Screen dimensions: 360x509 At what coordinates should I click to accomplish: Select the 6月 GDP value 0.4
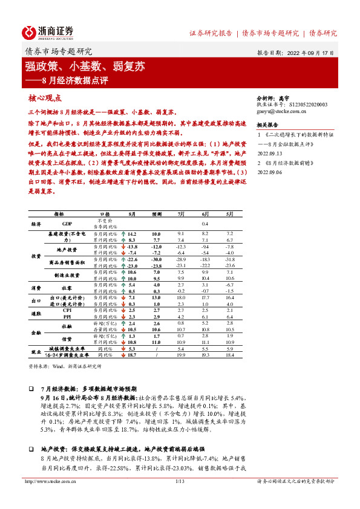point(205,223)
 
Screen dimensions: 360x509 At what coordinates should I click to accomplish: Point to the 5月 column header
point(229,214)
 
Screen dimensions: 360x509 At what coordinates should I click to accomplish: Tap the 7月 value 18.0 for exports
point(181,297)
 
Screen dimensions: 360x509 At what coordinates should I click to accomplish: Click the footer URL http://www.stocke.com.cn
point(47,499)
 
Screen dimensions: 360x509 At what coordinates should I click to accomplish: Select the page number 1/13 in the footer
point(179,499)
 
